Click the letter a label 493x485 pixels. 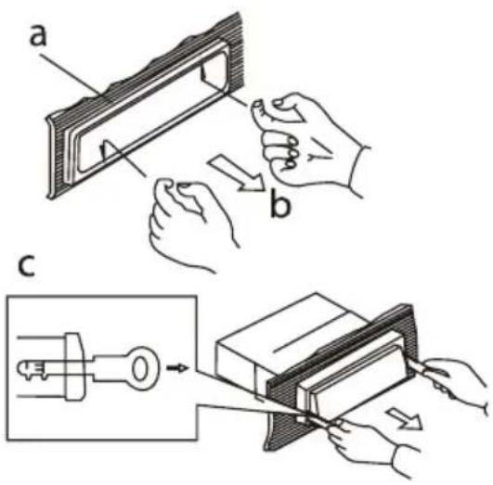[38, 35]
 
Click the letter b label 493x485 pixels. [280, 202]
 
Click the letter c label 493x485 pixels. [26, 266]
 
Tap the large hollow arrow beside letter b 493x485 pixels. [237, 174]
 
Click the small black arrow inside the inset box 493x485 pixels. [177, 367]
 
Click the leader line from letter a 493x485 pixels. [71, 74]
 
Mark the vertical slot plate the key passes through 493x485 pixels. [74, 366]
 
